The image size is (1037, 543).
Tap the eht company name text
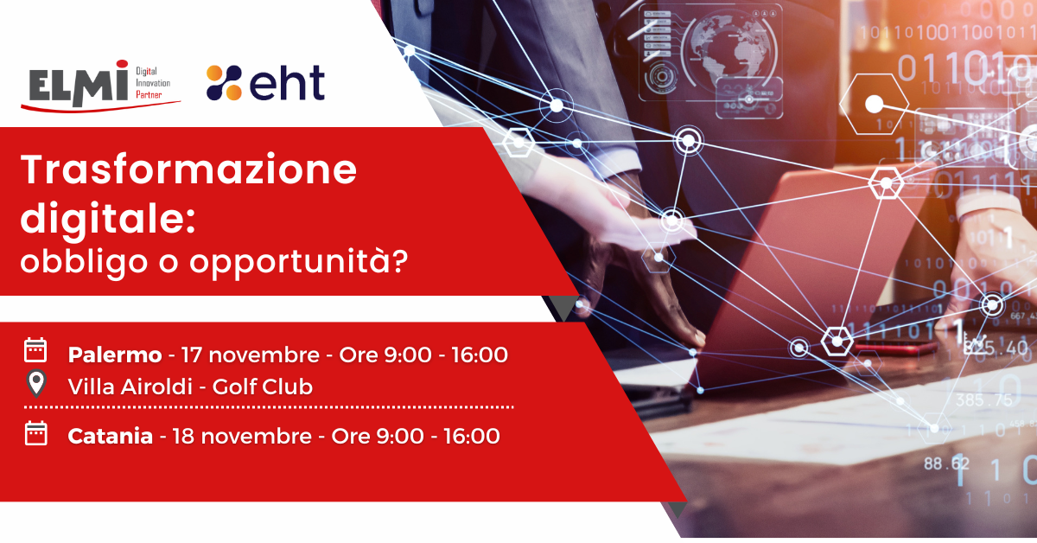click(x=288, y=82)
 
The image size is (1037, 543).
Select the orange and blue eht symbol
click(x=224, y=82)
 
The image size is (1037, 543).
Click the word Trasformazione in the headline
click(x=188, y=169)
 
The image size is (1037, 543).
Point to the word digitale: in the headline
click(x=108, y=219)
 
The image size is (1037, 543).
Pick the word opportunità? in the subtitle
click(x=299, y=263)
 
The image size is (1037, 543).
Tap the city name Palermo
click(x=115, y=355)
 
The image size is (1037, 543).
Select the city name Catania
click(x=111, y=437)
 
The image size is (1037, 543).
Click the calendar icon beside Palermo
click(x=35, y=350)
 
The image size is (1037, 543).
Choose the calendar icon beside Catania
click(x=35, y=434)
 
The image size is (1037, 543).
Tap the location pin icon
click(x=36, y=384)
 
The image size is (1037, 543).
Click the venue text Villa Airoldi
click(x=130, y=386)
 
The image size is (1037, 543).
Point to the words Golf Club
click(x=263, y=386)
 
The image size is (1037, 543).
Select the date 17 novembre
click(x=250, y=355)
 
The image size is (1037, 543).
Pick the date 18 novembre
click(x=242, y=437)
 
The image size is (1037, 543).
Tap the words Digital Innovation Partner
click(x=153, y=83)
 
